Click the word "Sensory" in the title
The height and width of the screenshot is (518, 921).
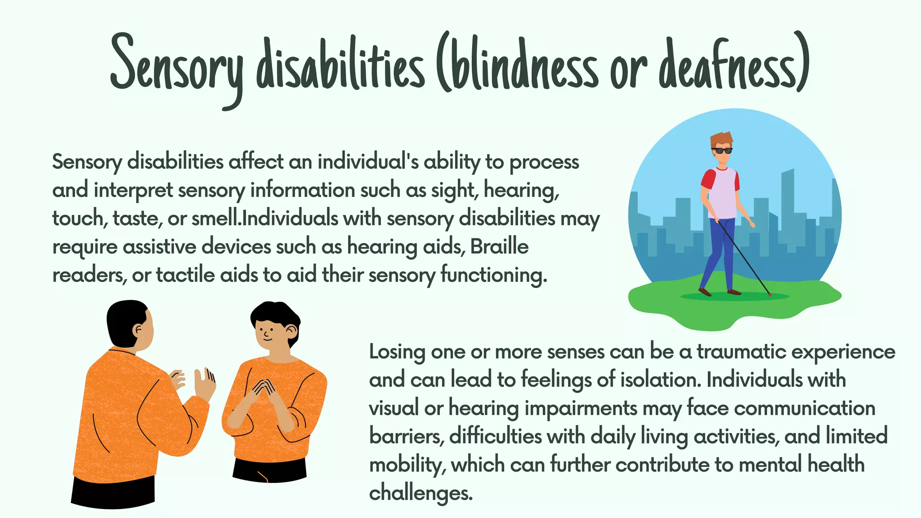(x=176, y=67)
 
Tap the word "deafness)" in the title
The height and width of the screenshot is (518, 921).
(x=734, y=65)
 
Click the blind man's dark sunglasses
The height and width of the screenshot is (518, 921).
(x=722, y=151)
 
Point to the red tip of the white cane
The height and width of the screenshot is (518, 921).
(x=770, y=295)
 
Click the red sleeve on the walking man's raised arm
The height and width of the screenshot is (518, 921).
(x=708, y=178)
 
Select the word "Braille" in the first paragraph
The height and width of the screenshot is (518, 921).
(x=499, y=246)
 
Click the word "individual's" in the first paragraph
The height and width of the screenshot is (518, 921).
(x=368, y=162)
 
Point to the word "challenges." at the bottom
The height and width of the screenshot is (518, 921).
(x=421, y=493)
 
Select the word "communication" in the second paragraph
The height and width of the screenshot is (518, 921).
(x=805, y=408)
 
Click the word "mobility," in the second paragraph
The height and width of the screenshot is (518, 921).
(x=407, y=464)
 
